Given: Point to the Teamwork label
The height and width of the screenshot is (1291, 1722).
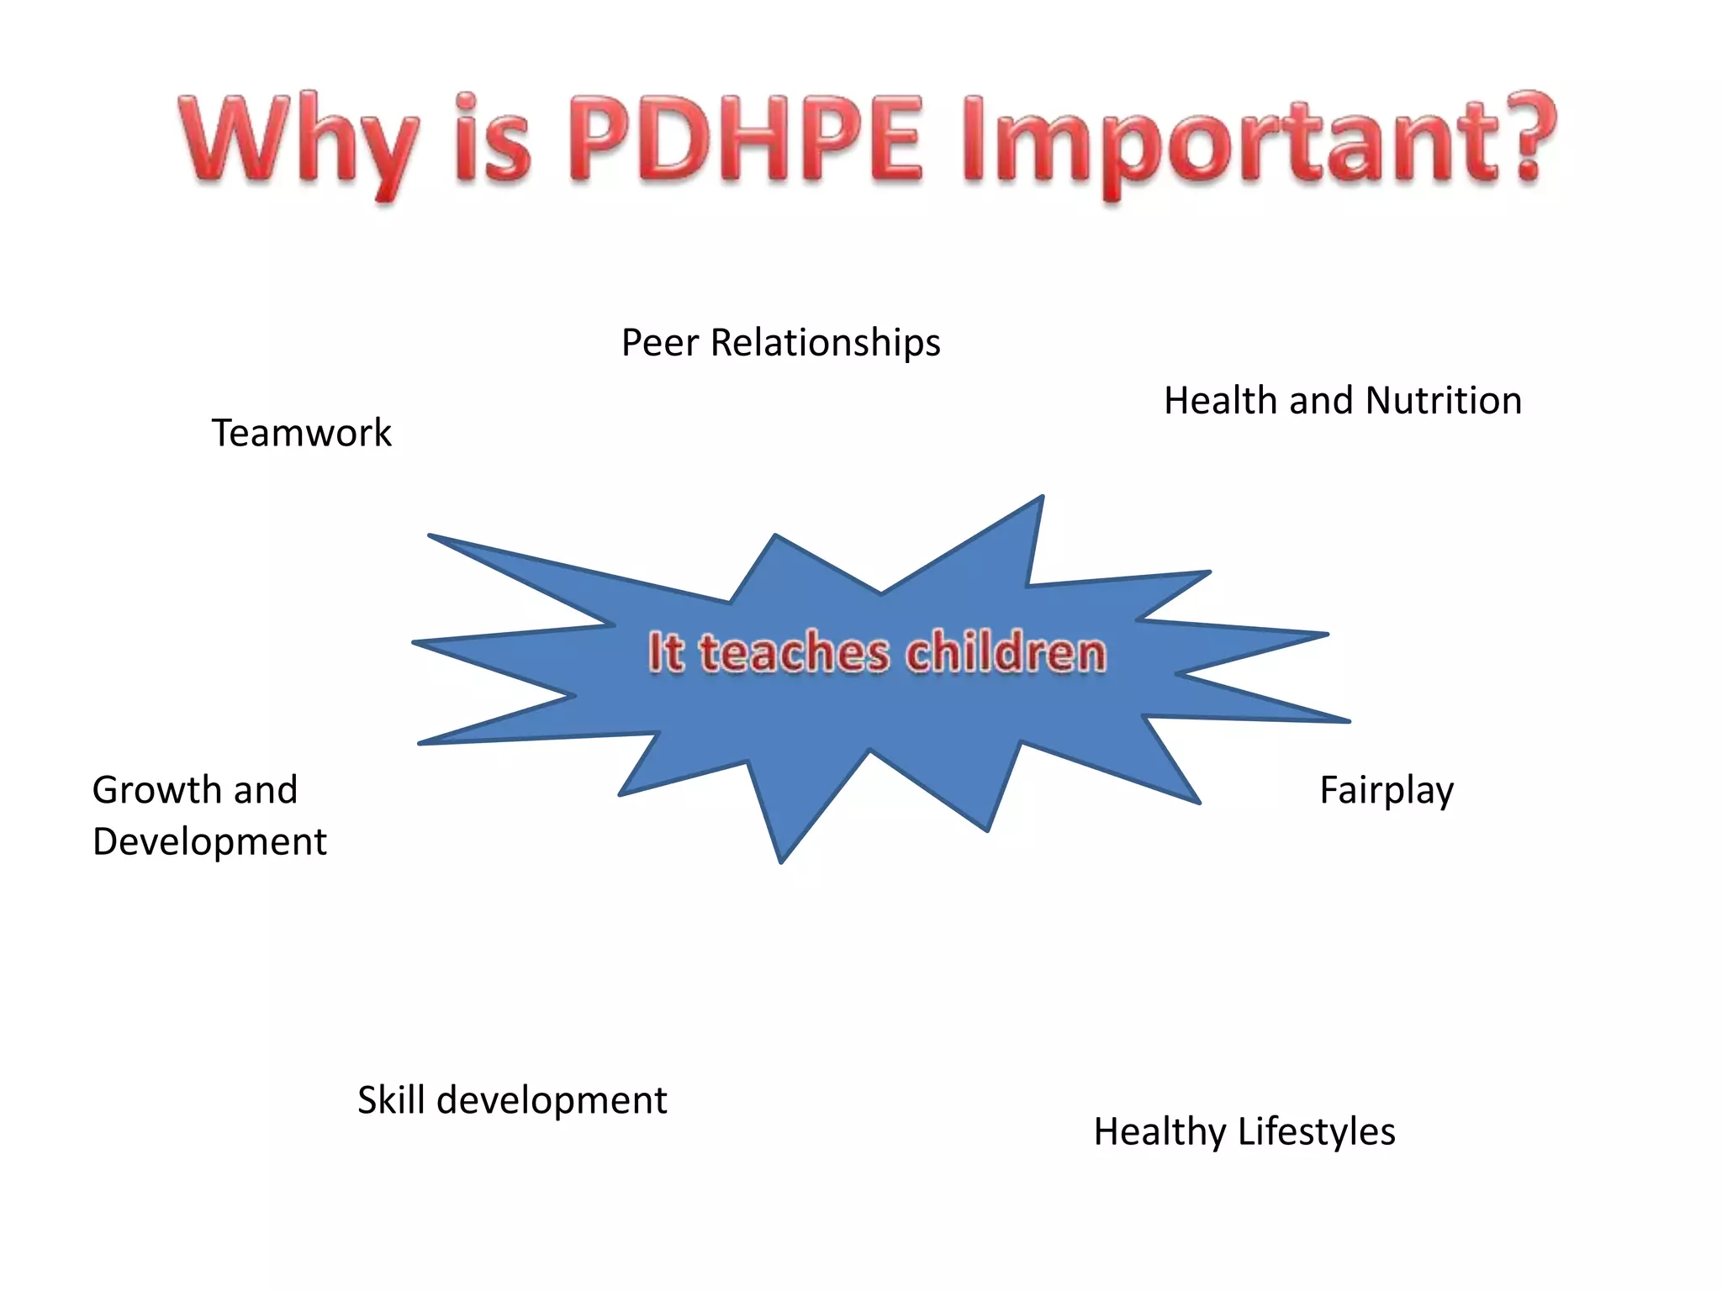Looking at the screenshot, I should (301, 433).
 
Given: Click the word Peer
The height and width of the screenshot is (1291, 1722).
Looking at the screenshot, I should (660, 343).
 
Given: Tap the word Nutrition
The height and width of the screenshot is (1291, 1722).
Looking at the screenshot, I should (1444, 400).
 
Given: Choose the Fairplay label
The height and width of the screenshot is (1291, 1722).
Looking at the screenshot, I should (1387, 791).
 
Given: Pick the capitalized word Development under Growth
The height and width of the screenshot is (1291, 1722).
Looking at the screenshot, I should (209, 842).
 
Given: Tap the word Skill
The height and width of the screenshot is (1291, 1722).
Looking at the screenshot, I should (391, 1099).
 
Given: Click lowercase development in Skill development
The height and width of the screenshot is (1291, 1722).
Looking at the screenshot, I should (552, 1101).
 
